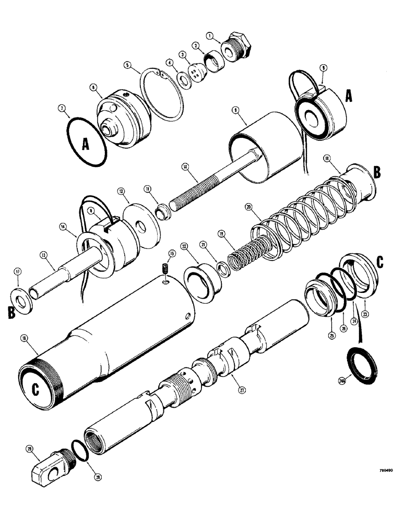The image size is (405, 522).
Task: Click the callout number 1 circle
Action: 209,37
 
